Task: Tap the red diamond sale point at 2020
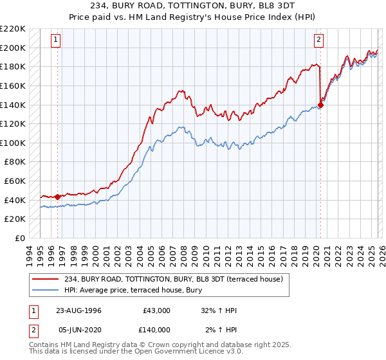(320, 106)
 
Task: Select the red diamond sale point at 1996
(57, 197)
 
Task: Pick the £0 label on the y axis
(21, 238)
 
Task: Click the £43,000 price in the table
(155, 310)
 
